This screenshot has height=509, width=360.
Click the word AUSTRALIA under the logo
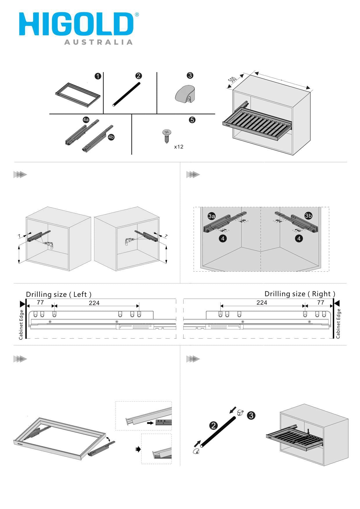[98, 42]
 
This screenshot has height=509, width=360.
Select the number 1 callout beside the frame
[98, 76]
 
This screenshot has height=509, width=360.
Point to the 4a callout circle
[86, 120]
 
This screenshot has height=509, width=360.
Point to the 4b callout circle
[111, 137]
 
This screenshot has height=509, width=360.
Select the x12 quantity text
[179, 147]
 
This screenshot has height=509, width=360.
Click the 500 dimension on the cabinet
[232, 80]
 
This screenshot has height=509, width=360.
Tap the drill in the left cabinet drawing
[49, 245]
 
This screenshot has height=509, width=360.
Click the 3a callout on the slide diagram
[212, 216]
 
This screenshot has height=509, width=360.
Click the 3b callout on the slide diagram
[308, 216]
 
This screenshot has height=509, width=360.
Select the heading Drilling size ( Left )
[59, 294]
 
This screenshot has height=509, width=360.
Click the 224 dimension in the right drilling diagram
[262, 303]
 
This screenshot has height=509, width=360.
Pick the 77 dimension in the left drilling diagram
[40, 302]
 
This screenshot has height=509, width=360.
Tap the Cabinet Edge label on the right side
[338, 324]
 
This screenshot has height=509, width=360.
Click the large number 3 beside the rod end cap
[251, 415]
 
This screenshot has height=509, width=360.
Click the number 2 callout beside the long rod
[213, 426]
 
